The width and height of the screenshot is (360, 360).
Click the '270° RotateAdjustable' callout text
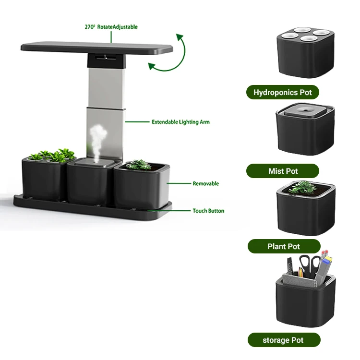(111, 27)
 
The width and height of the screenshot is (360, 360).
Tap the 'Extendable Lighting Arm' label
(180, 122)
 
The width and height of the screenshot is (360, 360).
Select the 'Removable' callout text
(205, 183)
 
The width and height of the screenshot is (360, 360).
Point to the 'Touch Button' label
(208, 211)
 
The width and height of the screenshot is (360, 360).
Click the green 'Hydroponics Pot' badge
(282, 92)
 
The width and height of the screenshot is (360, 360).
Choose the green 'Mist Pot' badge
(283, 171)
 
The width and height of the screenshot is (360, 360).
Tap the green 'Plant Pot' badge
(283, 246)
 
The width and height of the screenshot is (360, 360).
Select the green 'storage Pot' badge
(283, 340)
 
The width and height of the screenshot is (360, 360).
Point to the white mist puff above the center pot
(97, 137)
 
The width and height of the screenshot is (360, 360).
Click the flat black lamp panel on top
(96, 48)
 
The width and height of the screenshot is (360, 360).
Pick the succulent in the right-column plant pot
(303, 187)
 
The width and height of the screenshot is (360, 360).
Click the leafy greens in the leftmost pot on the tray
(53, 155)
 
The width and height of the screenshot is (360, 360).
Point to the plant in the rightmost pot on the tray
(140, 164)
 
